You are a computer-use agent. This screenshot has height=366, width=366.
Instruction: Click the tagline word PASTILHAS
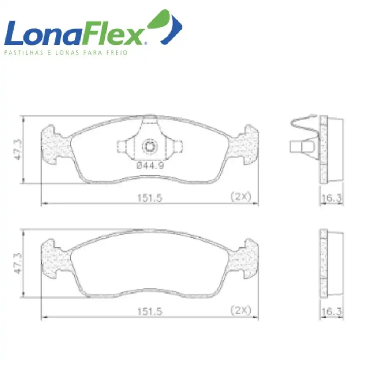click(24, 52)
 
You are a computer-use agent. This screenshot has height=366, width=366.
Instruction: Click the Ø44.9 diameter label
click(150, 165)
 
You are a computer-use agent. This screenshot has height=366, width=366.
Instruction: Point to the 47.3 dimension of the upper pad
click(18, 150)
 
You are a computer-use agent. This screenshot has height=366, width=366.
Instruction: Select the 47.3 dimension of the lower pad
click(18, 263)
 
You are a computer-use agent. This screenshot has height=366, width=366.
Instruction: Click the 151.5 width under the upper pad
click(150, 198)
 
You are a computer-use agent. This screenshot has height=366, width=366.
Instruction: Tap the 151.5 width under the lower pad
click(150, 311)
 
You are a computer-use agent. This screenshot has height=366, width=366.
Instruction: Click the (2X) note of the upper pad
click(241, 197)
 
